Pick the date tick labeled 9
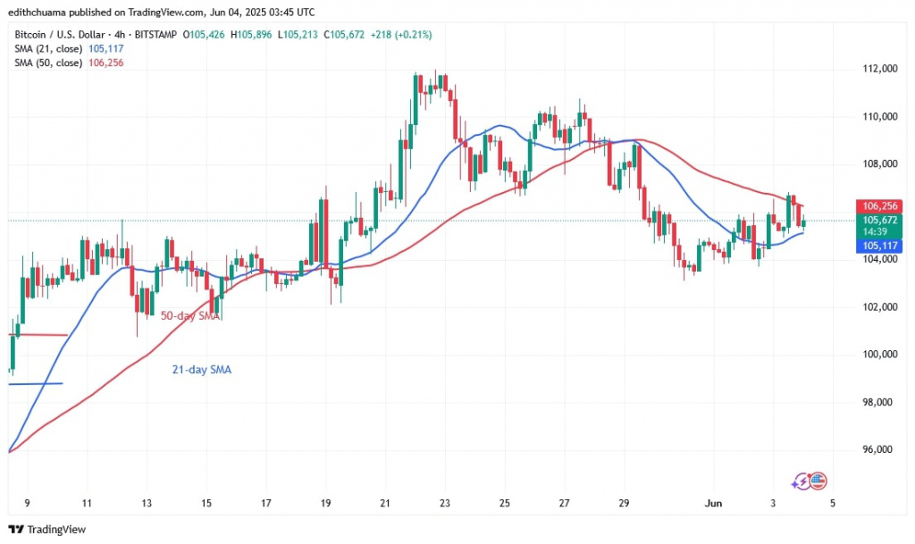click(27, 504)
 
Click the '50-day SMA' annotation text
click(190, 316)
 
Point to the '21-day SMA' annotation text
click(201, 369)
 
